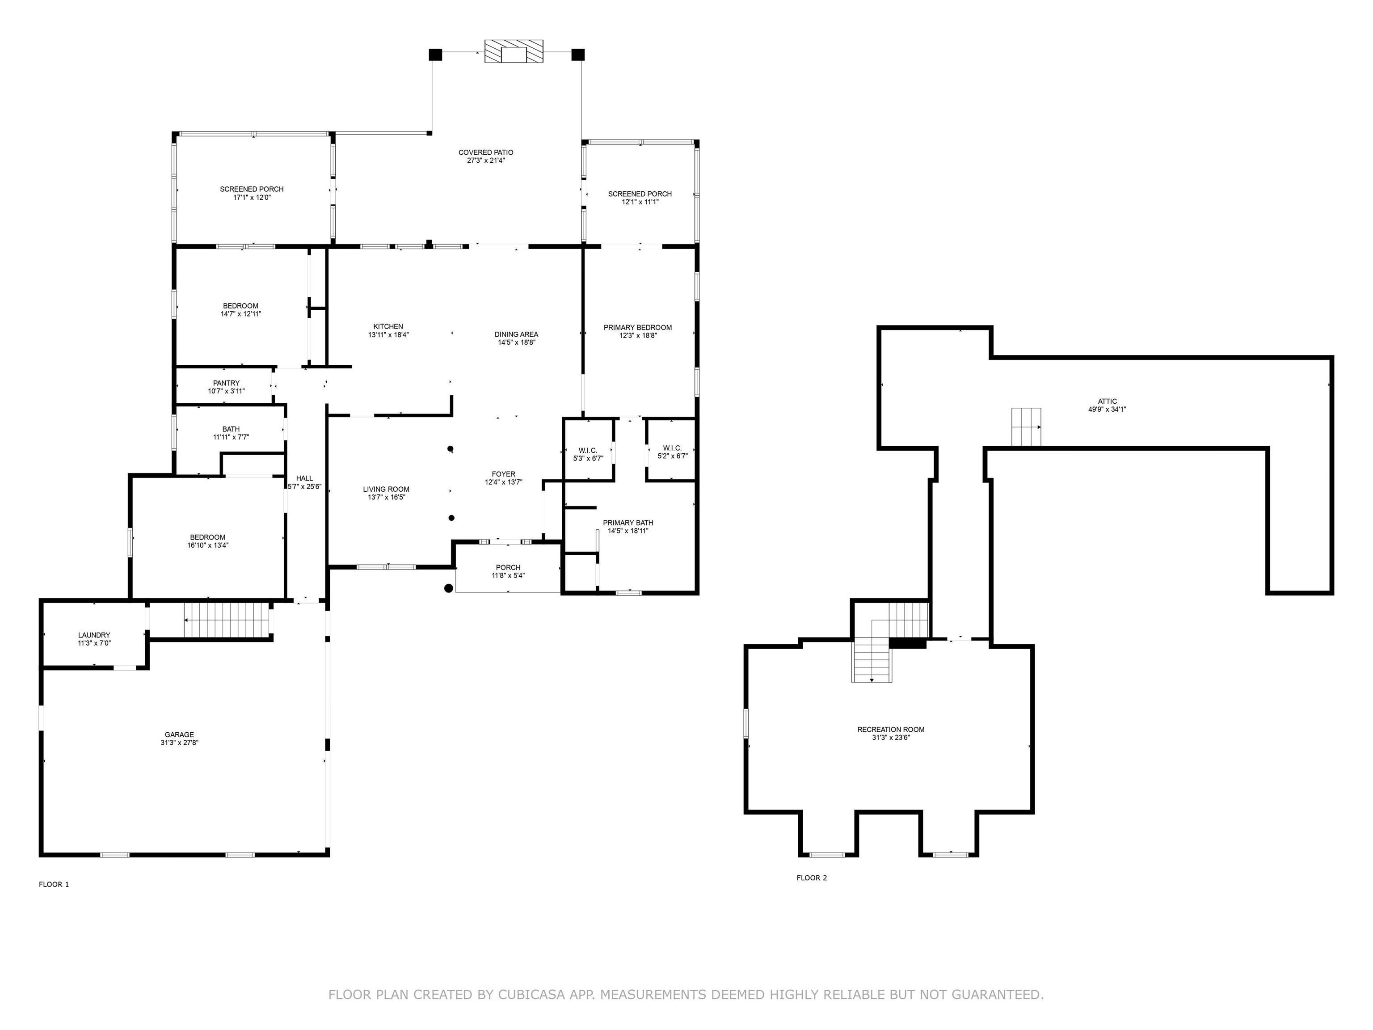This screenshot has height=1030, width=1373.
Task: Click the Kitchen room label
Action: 388,327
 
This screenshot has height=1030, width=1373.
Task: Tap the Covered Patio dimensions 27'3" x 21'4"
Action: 486,160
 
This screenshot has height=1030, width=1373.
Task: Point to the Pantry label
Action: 226,383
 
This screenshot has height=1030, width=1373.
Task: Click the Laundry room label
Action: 94,635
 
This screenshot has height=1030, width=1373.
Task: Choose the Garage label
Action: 179,735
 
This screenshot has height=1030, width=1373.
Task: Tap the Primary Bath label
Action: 628,523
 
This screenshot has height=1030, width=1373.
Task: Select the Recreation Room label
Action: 891,730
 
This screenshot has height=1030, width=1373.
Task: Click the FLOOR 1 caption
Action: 54,884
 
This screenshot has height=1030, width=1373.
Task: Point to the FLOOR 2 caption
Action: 812,877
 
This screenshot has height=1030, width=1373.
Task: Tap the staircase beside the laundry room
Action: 227,620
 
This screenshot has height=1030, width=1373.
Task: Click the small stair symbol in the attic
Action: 1026,426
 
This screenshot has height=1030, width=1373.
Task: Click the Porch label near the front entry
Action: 508,567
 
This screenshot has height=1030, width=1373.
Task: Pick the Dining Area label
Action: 516,334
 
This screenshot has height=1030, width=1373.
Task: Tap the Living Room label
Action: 386,489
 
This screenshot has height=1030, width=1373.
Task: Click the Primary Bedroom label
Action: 637,327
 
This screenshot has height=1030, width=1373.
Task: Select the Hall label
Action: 304,478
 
